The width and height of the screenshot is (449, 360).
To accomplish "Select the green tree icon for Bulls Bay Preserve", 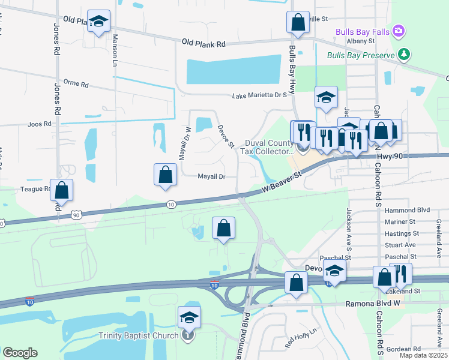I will click(x=405, y=55).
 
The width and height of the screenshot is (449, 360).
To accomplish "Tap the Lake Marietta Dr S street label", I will click(x=260, y=95).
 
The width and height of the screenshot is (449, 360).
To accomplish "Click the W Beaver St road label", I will click(x=281, y=182).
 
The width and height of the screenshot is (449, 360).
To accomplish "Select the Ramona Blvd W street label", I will click(x=372, y=304).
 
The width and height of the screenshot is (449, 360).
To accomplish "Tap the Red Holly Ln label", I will click(x=301, y=338).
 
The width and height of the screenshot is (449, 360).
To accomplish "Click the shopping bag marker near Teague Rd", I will click(x=61, y=190).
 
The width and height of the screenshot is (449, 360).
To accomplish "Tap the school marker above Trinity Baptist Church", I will click(x=188, y=317).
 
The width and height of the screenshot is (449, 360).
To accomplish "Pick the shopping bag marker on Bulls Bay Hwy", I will click(x=298, y=23).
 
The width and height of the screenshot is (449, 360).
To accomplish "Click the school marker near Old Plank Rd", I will click(x=98, y=21).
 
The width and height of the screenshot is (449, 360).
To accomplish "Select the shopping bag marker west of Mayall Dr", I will click(x=166, y=175).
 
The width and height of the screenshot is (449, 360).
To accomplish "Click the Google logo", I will click(x=20, y=353).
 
